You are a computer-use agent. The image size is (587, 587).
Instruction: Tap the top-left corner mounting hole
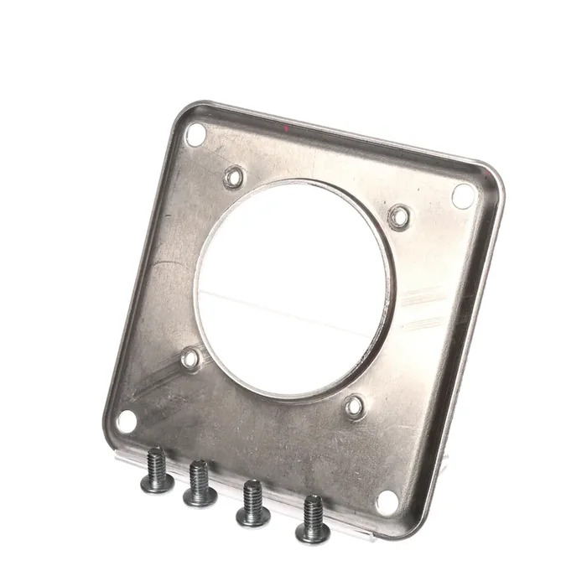pyautogui.click(x=195, y=134)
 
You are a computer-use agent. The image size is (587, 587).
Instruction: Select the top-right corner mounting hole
pyautogui.click(x=463, y=195)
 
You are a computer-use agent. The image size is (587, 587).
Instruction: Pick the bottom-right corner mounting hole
pyautogui.click(x=387, y=502)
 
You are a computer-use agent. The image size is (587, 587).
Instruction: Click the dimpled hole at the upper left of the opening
pyautogui.click(x=234, y=177)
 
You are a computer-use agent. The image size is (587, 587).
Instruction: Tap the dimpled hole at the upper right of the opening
pyautogui.click(x=399, y=217)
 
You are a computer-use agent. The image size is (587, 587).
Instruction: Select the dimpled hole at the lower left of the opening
pyautogui.click(x=191, y=360)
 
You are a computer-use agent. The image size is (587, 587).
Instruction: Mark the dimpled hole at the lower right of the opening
pyautogui.click(x=355, y=408)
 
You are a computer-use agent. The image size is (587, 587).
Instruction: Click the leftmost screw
pyautogui.click(x=156, y=470)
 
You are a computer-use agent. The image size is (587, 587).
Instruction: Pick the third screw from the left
pyautogui.click(x=252, y=502)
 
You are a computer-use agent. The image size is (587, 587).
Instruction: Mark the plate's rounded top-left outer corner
pyautogui.click(x=186, y=112)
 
